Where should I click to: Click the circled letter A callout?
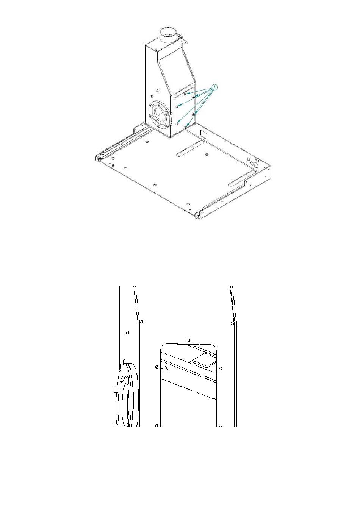point(214,87)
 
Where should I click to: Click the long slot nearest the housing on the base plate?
point(190,148)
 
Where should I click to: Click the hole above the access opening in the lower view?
point(189,340)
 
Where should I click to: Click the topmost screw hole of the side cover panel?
point(185,94)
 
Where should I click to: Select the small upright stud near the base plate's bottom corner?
point(190,210)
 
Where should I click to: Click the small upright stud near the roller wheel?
point(113,165)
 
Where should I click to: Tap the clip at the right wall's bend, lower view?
point(232,323)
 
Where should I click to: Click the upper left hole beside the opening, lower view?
point(157,367)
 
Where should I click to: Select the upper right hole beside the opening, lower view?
point(221,369)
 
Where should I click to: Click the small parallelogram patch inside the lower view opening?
point(203,359)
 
